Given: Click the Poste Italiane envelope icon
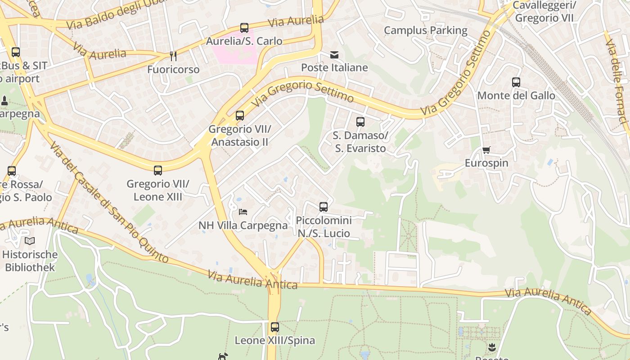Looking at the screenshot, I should pyautogui.click(x=334, y=55).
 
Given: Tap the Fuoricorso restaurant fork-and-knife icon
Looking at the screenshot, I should pyautogui.click(x=173, y=56).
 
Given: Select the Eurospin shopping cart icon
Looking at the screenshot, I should pyautogui.click(x=486, y=150).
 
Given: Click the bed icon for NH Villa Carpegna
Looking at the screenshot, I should pyautogui.click(x=243, y=211).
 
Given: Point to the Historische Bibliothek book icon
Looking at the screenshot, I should pyautogui.click(x=30, y=241).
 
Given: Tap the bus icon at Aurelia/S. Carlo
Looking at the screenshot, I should pyautogui.click(x=244, y=28).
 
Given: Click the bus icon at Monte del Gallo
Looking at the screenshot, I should pyautogui.click(x=516, y=82).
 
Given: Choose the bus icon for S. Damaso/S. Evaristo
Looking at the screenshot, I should pyautogui.click(x=360, y=121).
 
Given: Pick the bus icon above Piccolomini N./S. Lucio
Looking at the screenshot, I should pyautogui.click(x=324, y=207).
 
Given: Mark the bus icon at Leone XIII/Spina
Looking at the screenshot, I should pyautogui.click(x=275, y=327).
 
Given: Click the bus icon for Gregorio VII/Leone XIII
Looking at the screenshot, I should pyautogui.click(x=158, y=171).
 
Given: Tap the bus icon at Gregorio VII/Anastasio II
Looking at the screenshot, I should pyautogui.click(x=240, y=116).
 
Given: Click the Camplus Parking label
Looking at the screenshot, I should pyautogui.click(x=425, y=31).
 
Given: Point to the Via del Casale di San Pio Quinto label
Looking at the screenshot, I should pyautogui.click(x=108, y=202).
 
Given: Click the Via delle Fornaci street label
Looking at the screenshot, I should pyautogui.click(x=616, y=81).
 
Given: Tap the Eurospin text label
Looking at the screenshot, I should pyautogui.click(x=486, y=163).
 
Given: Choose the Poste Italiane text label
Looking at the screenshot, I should pyautogui.click(x=334, y=68).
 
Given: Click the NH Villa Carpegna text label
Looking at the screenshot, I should pyautogui.click(x=243, y=225).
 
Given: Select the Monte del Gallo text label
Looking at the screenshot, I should pyautogui.click(x=516, y=95).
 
